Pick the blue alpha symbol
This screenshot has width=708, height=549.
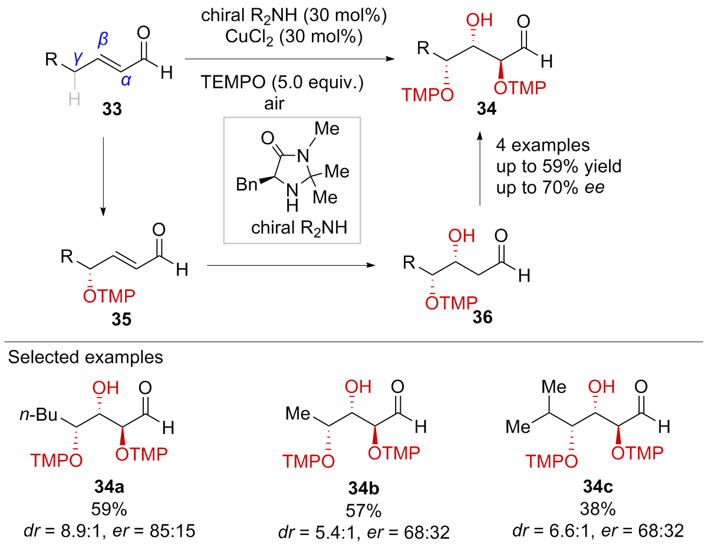125,81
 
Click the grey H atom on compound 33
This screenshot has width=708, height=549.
74,98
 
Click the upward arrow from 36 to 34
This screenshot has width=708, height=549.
479,171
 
